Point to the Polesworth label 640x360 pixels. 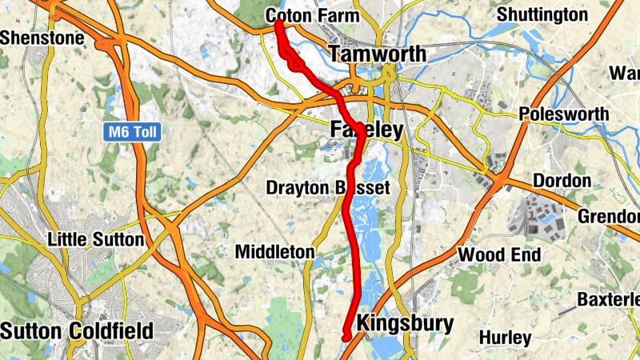click(563, 114)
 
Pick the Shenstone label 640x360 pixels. click(30, 37)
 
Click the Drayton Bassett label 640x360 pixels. click(328, 188)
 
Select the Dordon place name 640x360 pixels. click(561, 180)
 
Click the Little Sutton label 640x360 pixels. click(95, 238)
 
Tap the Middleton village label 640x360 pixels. click(274, 251)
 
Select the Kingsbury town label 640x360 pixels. click(405, 323)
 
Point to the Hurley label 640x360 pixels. click(506, 338)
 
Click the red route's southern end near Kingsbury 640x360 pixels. click(346, 338)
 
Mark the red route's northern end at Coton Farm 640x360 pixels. click(278, 24)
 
